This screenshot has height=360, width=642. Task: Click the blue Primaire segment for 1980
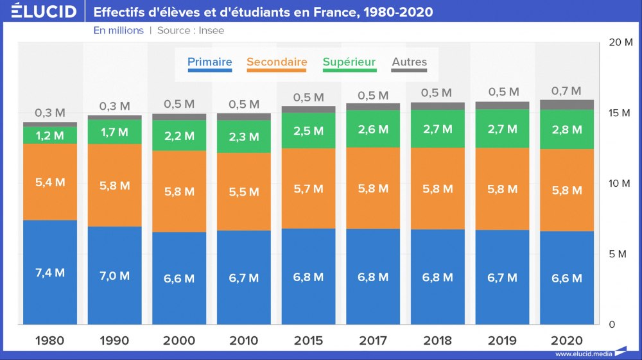[x=50, y=272]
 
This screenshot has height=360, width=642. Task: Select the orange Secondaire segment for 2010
[x=243, y=191]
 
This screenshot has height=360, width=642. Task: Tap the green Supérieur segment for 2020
[x=567, y=129]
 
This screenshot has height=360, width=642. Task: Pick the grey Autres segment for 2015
[x=308, y=109]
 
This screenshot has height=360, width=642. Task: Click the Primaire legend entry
[x=209, y=62]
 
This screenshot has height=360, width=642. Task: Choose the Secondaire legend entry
[x=277, y=62]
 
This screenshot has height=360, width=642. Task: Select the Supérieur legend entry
[x=349, y=62]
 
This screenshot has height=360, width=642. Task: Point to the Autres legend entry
[x=409, y=62]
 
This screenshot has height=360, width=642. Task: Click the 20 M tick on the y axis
[x=620, y=42]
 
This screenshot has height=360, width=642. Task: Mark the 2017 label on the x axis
[x=373, y=341]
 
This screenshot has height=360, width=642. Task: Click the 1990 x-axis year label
[x=114, y=341]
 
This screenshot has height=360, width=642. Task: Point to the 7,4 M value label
[x=50, y=273]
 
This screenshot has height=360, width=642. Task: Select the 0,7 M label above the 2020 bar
[x=566, y=91]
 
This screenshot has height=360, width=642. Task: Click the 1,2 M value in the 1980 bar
[x=50, y=135]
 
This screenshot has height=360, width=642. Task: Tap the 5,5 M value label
[x=243, y=191]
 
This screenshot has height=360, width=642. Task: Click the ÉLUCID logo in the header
[x=44, y=11]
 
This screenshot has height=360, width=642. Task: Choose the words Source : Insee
[x=191, y=30]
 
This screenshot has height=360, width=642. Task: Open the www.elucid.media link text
[x=583, y=354]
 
